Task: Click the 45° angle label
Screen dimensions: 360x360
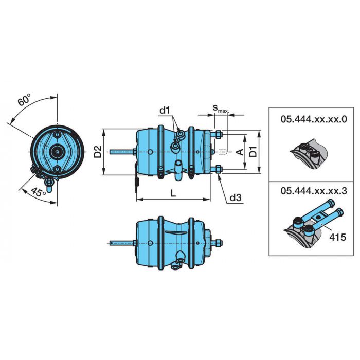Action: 39,192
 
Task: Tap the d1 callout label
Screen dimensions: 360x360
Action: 165,111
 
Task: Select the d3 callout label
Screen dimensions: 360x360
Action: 236,197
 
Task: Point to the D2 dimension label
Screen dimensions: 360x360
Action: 98,152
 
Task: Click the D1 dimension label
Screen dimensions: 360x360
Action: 254,152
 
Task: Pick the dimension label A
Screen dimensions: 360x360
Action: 240,152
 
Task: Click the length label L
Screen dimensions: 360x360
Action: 173,193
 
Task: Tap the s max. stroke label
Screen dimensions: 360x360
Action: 221,109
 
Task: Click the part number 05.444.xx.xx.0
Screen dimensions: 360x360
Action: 314,120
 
